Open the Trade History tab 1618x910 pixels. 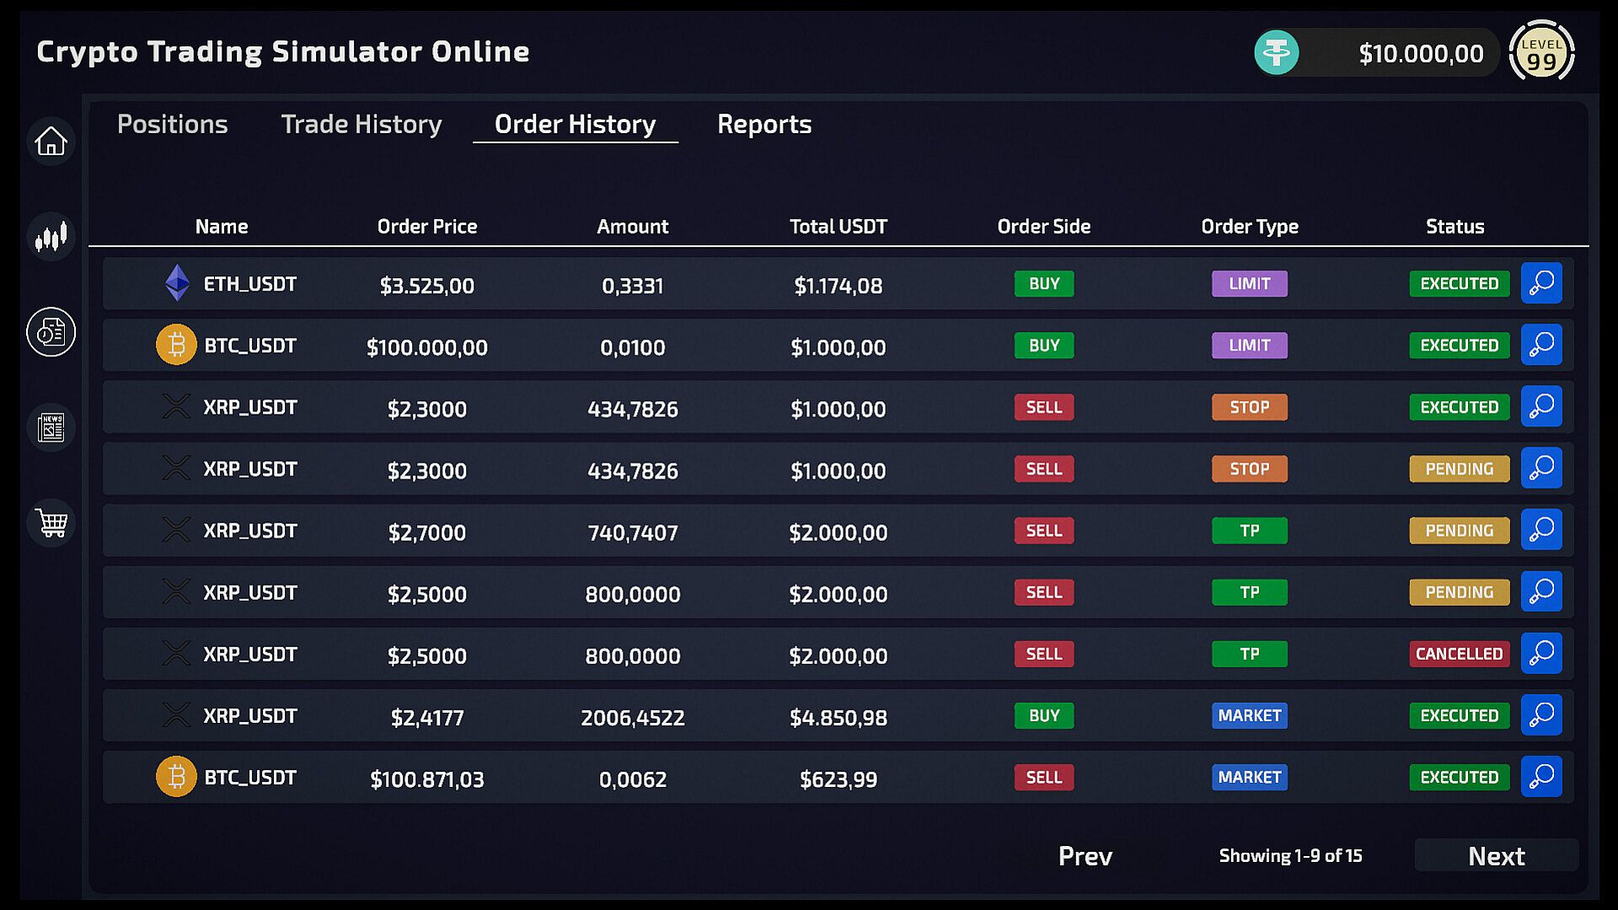[x=361, y=125]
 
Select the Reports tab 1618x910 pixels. [x=764, y=125]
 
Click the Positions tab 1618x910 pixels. [x=172, y=125]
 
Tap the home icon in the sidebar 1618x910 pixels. [x=51, y=142]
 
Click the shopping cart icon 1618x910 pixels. [x=51, y=523]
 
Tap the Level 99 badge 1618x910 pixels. [x=1541, y=52]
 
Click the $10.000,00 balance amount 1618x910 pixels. [x=1421, y=54]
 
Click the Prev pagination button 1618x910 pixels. [x=1085, y=856]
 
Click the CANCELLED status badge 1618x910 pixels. [x=1459, y=654]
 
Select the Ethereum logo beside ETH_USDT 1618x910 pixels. [x=177, y=283]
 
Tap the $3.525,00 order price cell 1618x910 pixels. [x=426, y=286]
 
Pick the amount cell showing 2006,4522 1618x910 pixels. [x=632, y=718]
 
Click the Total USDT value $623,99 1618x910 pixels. [x=838, y=779]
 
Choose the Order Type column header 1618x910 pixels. [x=1249, y=227]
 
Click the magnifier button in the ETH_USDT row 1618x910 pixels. [x=1541, y=283]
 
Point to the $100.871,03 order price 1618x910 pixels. [x=426, y=779]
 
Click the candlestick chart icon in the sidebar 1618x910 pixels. [x=51, y=237]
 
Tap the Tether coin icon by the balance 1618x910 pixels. [x=1277, y=53]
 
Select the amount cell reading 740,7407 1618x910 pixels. [x=632, y=533]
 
